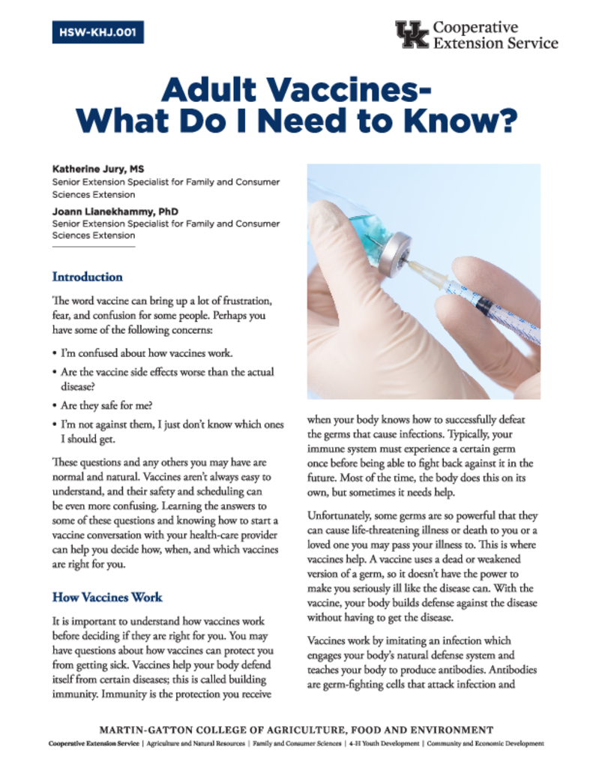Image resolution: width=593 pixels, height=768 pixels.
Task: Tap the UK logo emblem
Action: point(412,34)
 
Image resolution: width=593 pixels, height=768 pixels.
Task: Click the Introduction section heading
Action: point(87,277)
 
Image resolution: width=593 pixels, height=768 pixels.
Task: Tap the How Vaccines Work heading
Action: point(107,598)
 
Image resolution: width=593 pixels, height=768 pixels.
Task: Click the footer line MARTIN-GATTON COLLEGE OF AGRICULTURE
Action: point(297,730)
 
